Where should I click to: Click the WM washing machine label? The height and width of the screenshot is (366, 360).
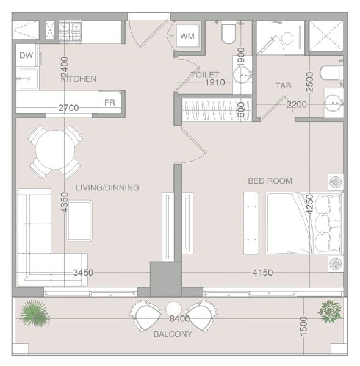coord(187,36)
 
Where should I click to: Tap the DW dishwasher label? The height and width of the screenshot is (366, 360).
coord(26,56)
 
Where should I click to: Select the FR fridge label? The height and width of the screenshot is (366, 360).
coord(109,102)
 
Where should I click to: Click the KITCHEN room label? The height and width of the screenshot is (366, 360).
coord(79,79)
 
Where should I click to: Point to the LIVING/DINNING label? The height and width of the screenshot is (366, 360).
coord(107,188)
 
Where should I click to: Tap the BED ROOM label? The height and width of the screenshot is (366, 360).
coord(270,181)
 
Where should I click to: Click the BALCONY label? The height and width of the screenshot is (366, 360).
coord(173,334)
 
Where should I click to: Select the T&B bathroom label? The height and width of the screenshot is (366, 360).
coord(284,85)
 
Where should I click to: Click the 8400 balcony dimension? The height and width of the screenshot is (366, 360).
coord(179,318)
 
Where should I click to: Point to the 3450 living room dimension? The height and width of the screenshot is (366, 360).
coord(83,273)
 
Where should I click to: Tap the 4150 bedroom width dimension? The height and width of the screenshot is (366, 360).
coord(262,273)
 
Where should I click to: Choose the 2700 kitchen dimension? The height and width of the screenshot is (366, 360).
coord(68,108)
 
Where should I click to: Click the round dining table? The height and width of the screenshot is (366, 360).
coord(55,150)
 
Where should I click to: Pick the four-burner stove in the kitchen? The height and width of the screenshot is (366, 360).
coord(70,32)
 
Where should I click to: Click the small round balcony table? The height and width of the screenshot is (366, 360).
coord(173,309)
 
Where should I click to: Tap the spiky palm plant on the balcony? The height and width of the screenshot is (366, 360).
coord(35,314)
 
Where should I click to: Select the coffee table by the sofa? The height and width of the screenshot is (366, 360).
coord(79,221)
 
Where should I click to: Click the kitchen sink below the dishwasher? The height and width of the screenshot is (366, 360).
coord(29,79)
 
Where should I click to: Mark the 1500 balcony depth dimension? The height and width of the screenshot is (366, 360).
coord(303,326)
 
